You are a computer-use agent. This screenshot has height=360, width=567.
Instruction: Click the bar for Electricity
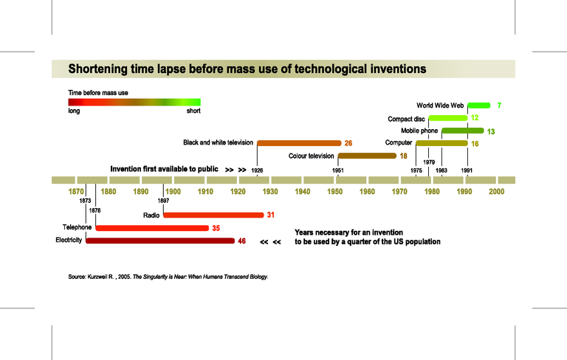tap(160, 240)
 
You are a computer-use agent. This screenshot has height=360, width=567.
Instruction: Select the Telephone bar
tap(151, 228)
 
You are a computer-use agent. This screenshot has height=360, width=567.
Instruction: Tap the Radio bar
tap(213, 215)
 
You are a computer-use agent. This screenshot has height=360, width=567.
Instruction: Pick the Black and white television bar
tap(299, 142)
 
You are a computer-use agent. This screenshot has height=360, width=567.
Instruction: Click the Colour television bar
tap(367, 156)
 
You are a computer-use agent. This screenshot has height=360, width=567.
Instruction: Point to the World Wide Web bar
tap(478, 105)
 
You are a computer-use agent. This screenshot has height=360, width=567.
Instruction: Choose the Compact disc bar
tap(447, 118)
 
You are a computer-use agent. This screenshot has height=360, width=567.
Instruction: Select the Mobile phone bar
tap(462, 131)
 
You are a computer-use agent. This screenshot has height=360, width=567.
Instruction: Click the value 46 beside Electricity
tap(241, 241)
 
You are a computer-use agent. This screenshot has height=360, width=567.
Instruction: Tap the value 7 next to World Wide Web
tap(499, 106)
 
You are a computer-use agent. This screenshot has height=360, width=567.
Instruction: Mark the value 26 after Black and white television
tap(348, 143)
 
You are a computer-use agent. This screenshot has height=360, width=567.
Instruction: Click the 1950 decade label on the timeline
tap(335, 192)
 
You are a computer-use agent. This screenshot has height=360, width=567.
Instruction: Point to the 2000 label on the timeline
tap(496, 192)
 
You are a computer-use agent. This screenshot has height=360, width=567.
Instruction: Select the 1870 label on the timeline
tap(76, 192)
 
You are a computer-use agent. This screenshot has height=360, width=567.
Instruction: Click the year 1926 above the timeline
tap(257, 170)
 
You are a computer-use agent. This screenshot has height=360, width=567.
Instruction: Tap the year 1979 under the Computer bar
tap(429, 162)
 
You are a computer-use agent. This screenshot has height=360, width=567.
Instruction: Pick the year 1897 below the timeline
tap(163, 201)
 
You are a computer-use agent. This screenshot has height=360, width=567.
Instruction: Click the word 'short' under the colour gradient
tap(193, 111)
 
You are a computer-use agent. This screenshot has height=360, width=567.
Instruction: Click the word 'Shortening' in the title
tap(100, 69)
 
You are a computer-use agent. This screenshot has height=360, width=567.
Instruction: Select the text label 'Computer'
tap(398, 143)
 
